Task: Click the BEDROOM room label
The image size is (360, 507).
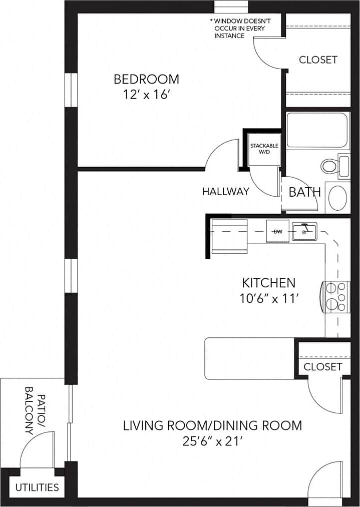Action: tap(146, 79)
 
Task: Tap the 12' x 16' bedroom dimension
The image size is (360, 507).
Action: tap(146, 95)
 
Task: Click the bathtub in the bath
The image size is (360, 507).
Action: tap(317, 130)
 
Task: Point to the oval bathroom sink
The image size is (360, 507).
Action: tap(337, 198)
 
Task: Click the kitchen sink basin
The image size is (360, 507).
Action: tap(304, 232)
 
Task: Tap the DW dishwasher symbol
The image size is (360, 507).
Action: tap(277, 232)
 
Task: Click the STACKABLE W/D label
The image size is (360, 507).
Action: tap(264, 149)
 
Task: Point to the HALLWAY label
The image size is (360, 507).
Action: tap(225, 191)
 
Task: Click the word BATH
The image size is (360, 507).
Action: tap(304, 192)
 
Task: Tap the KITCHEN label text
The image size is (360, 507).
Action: tap(269, 282)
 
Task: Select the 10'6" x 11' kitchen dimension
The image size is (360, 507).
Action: tap(269, 299)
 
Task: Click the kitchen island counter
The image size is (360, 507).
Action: tap(249, 358)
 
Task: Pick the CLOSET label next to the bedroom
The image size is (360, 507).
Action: tap(318, 60)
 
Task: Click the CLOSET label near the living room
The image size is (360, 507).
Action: tap(323, 366)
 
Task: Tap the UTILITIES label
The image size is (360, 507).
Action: tap(36, 487)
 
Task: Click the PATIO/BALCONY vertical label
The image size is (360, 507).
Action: tap(34, 410)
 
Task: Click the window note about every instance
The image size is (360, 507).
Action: tap(241, 29)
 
